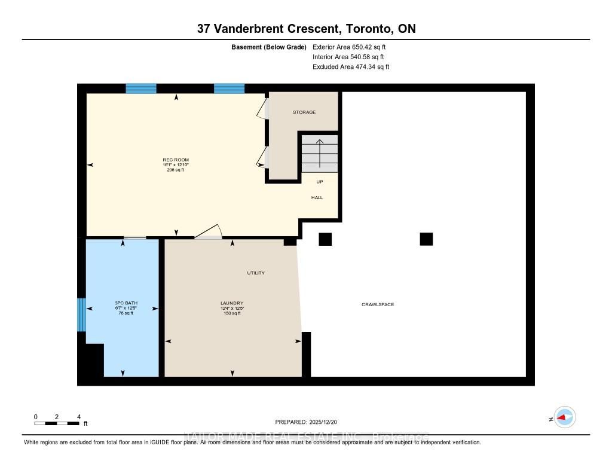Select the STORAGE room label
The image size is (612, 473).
[304, 112]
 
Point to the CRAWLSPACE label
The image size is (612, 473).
[377, 305]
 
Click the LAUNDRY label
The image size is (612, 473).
[231, 303]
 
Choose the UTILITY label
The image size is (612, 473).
[256, 273]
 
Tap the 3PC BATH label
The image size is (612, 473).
[126, 303]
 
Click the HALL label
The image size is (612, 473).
[317, 197]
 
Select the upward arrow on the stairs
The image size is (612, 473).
[320, 153]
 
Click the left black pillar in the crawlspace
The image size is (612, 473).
[325, 239]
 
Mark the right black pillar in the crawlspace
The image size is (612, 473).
[426, 239]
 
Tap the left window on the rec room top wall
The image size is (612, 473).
[141, 89]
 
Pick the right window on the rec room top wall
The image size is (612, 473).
[229, 89]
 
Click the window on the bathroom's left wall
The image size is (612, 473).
[82, 315]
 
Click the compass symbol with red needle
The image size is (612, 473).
[564, 417]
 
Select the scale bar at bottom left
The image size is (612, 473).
[57, 423]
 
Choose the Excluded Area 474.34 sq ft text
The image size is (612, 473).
[351, 67]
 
